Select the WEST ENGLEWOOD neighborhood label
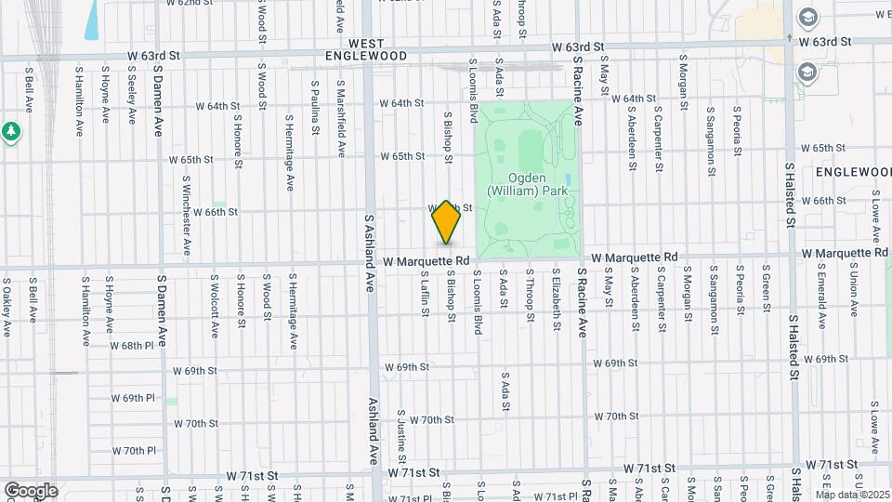[x=366, y=50]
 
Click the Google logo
[x=31, y=491]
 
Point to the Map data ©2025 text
[x=852, y=494]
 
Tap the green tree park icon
[x=11, y=132]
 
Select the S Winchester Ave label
[x=187, y=216]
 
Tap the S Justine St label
[x=402, y=436]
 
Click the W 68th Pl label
[x=131, y=345]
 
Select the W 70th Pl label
[x=135, y=451]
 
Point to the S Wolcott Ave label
[x=215, y=298]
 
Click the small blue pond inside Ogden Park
[x=567, y=178]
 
